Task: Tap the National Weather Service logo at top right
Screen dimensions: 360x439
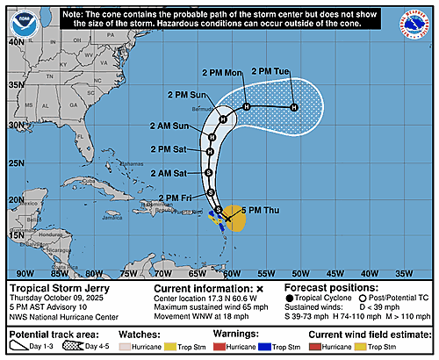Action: [420, 20]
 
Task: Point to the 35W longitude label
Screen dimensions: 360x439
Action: [418, 272]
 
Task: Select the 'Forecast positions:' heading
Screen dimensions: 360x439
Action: [327, 288]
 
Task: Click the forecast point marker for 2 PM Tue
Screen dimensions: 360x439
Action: [294, 107]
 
